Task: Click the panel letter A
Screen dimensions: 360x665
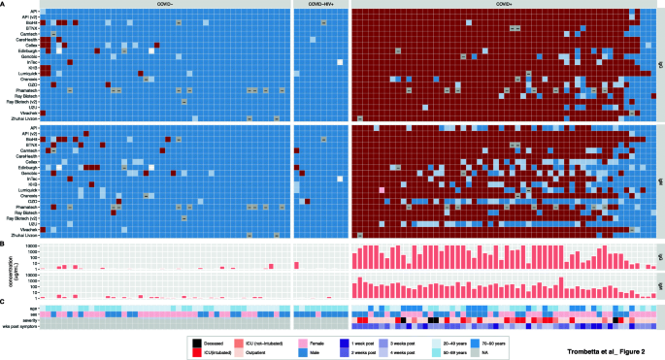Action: tap(5, 4)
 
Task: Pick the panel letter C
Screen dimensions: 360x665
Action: tap(5, 302)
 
